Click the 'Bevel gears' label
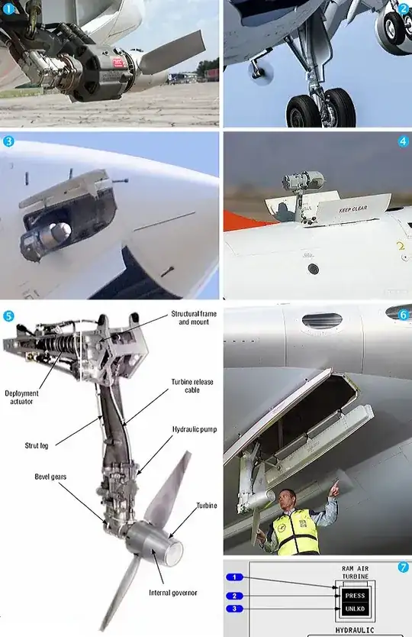click(50, 476)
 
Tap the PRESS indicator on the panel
click(356, 595)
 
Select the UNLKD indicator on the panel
click(356, 609)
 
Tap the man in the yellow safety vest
click(295, 523)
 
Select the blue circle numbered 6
click(402, 313)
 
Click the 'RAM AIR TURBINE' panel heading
click(356, 574)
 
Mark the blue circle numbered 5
click(8, 315)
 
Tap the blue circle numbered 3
click(8, 141)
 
